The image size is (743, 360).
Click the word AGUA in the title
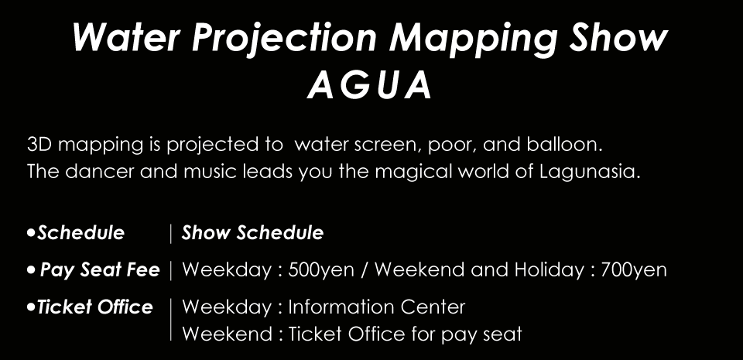(x=370, y=86)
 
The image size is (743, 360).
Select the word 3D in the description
(x=39, y=145)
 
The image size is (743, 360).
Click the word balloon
(x=564, y=145)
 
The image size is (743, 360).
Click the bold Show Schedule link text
(x=252, y=232)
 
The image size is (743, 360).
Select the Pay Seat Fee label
(x=100, y=270)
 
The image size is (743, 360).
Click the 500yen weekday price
(x=320, y=270)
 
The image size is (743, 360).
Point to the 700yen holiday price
(x=634, y=270)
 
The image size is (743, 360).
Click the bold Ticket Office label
(x=94, y=307)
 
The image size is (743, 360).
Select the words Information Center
(x=377, y=307)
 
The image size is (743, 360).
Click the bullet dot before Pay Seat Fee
(x=31, y=270)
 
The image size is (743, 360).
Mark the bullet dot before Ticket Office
(x=31, y=307)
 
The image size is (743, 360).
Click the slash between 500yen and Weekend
(x=365, y=270)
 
